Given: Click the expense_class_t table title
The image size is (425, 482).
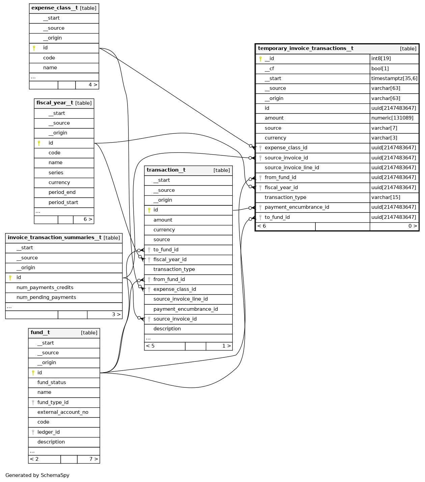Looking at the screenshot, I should tap(55, 8).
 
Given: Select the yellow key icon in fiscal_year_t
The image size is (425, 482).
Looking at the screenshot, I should tap(39, 143).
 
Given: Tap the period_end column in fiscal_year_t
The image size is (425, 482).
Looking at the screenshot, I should tap(62, 192).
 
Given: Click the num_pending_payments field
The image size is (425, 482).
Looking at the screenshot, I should tap(46, 297).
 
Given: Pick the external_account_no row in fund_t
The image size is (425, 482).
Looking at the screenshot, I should tap(63, 412).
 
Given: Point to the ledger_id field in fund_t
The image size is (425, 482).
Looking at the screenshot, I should tap(49, 432).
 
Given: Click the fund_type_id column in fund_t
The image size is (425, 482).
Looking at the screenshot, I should tap(53, 402).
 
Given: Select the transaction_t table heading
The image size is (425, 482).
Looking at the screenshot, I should tap(166, 170).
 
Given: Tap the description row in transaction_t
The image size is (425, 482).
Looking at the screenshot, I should tap(167, 329).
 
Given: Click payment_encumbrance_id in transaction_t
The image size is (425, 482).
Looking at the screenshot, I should tap(186, 309).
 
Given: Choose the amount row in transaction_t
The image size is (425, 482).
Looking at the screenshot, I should tap(163, 220).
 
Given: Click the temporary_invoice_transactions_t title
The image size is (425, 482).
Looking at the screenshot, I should tap(306, 49).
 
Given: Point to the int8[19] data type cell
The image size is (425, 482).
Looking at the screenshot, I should tap(381, 58).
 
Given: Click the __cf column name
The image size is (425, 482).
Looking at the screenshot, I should tap(269, 69).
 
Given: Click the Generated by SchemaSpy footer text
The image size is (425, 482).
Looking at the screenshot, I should tap(37, 475).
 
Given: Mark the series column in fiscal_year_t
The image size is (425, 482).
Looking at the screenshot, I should tap(56, 173).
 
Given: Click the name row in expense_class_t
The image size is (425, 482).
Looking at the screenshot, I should tap(50, 68).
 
